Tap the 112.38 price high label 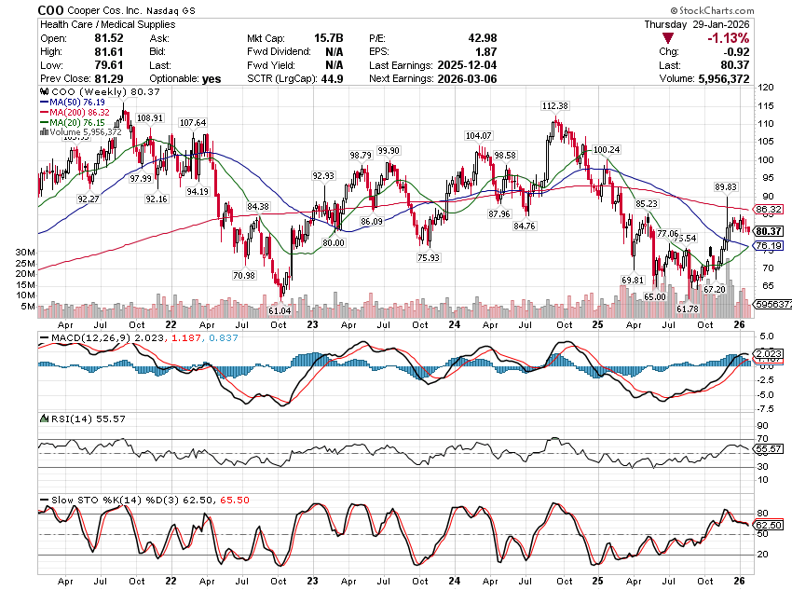(x=556, y=106)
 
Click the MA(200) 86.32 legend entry (x=81, y=112)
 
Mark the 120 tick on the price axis (x=766, y=87)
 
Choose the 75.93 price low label (x=429, y=257)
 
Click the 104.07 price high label (x=478, y=136)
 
